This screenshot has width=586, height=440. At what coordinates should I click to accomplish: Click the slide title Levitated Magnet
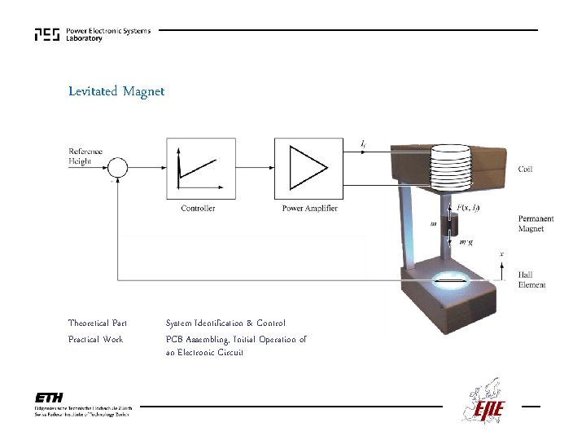(x=116, y=91)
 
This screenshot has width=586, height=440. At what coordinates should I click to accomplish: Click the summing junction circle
(x=119, y=168)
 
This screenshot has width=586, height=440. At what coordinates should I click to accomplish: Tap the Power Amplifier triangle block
(x=306, y=168)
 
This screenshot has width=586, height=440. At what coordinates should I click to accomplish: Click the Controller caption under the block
(x=198, y=209)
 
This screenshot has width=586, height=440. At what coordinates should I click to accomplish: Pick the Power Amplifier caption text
(x=309, y=209)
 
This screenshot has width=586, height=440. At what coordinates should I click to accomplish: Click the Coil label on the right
(x=526, y=169)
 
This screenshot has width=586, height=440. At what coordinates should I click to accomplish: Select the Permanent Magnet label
(x=536, y=224)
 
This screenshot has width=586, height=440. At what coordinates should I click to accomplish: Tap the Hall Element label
(x=531, y=280)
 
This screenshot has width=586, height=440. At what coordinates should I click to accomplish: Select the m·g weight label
(x=466, y=242)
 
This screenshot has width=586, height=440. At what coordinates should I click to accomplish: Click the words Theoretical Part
(x=98, y=323)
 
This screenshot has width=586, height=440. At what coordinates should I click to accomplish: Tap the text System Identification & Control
(x=225, y=323)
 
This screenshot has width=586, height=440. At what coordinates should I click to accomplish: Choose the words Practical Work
(x=95, y=339)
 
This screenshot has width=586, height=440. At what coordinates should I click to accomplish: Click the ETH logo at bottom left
(x=50, y=398)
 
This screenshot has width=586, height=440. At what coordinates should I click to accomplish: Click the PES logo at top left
(x=47, y=34)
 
